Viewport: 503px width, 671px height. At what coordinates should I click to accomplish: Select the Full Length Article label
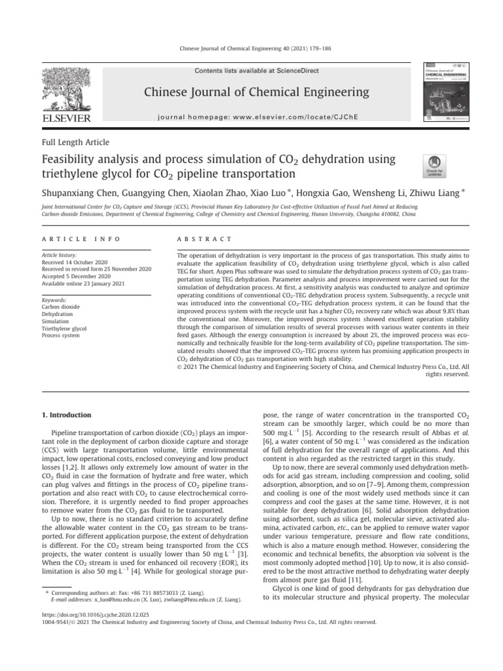point(75,142)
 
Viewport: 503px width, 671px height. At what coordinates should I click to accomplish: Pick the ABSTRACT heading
point(205,239)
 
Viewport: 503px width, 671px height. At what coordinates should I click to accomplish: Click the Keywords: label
point(57,299)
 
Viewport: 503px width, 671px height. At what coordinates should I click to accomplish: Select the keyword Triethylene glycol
point(64,328)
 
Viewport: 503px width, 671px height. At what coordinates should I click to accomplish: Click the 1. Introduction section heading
point(66,415)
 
